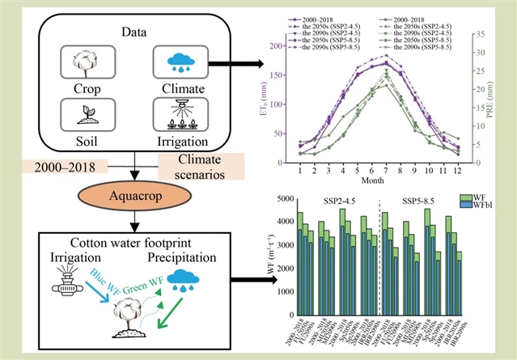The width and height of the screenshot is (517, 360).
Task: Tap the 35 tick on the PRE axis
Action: [x=481, y=34]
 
